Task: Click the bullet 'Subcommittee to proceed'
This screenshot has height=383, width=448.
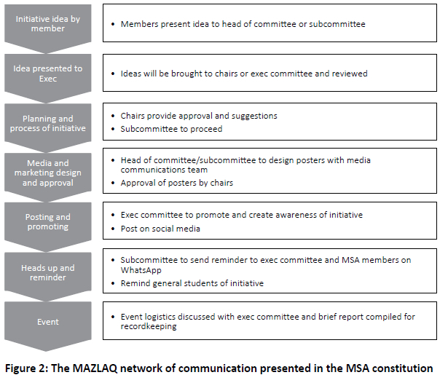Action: (x=165, y=129)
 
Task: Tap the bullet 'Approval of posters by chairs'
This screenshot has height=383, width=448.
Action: (x=177, y=183)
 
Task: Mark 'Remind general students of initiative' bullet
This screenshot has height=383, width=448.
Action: (x=192, y=283)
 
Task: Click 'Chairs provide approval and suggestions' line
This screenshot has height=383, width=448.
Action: (x=199, y=116)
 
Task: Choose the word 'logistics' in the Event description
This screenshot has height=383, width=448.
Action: (x=167, y=316)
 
